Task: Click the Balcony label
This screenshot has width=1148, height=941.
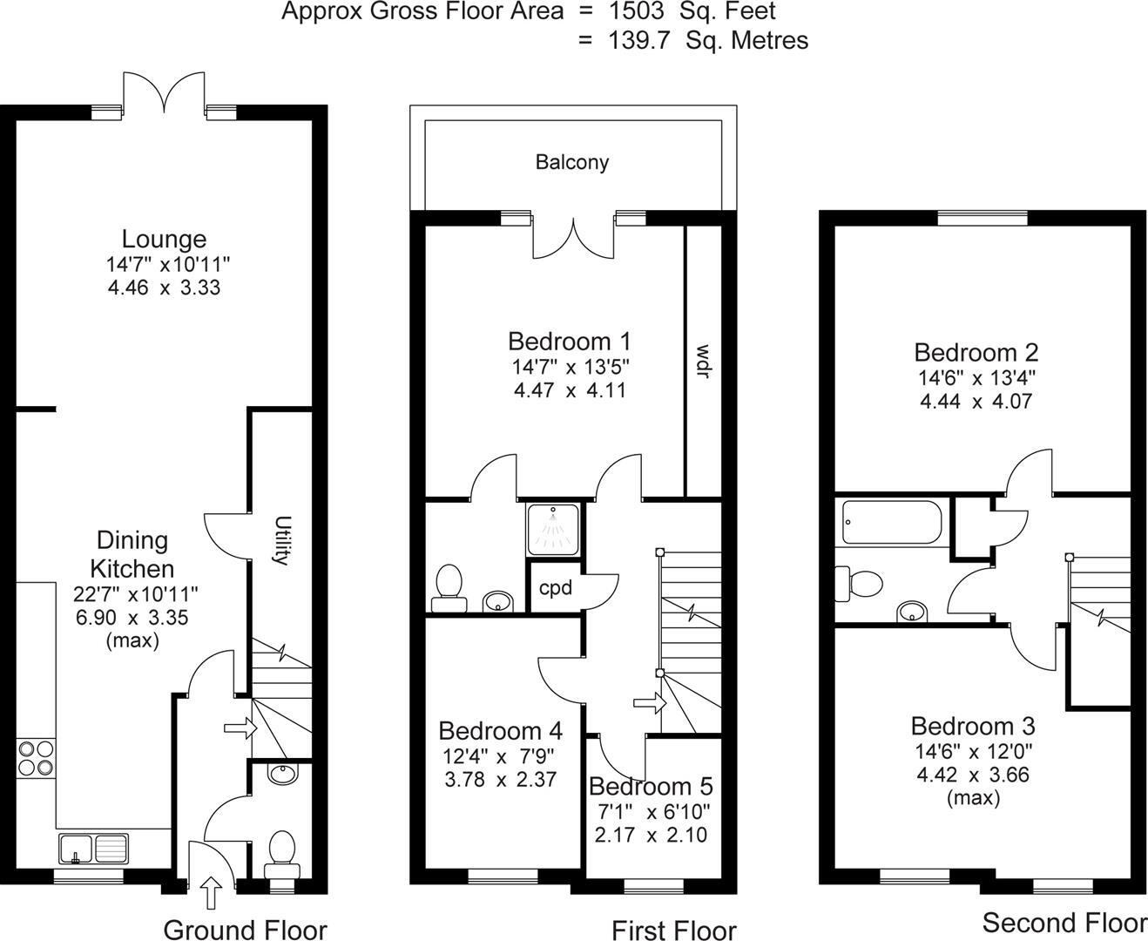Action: [571, 162]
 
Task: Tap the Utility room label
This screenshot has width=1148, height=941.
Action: [281, 540]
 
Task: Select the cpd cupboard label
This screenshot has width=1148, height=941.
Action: [556, 588]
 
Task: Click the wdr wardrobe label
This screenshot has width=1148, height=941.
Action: [702, 362]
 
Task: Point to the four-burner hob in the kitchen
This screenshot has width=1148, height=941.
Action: [36, 757]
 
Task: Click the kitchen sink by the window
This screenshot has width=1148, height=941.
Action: [93, 847]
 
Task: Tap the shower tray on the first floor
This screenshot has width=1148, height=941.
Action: [551, 528]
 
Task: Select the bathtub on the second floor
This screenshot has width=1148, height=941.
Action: [891, 522]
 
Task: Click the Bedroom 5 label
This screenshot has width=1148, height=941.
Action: [651, 786]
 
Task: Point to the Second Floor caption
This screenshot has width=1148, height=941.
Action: [1064, 922]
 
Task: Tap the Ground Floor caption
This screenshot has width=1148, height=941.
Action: [245, 930]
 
